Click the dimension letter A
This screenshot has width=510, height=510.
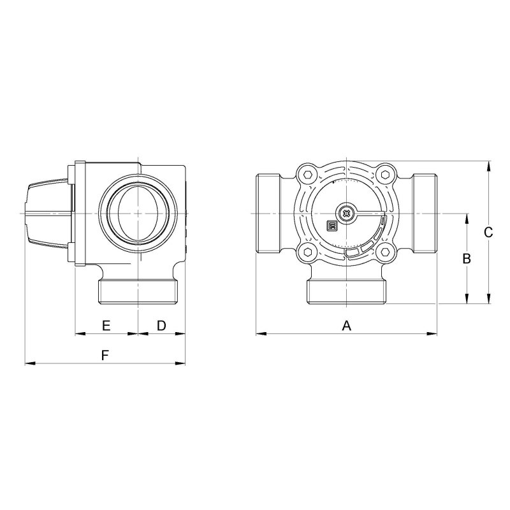tap(347, 325)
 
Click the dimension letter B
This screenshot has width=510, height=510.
tap(467, 259)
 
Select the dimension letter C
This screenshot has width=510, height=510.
tap(488, 232)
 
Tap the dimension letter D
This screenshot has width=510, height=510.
tap(162, 325)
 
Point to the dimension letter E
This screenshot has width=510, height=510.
tap(106, 325)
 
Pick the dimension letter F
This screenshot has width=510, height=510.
tap(105, 356)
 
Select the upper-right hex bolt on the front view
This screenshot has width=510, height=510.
tap(386, 175)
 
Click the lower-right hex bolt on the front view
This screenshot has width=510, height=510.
tap(386, 252)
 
